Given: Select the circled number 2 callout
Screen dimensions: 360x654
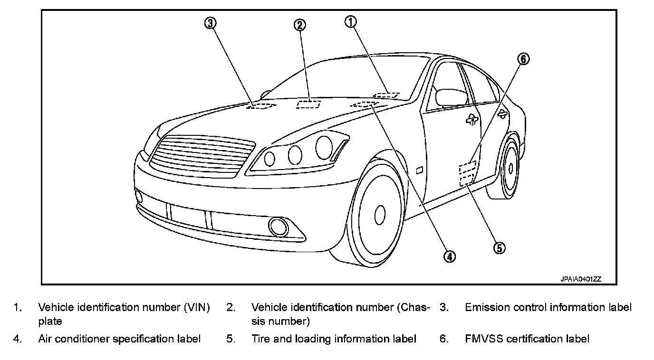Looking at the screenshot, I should (299, 25).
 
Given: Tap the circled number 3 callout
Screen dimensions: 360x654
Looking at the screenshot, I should (211, 23).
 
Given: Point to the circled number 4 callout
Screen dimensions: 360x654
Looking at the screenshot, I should (449, 256).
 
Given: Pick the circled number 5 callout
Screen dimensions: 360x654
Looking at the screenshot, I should (499, 247).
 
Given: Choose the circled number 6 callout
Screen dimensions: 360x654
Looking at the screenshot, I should (523, 59).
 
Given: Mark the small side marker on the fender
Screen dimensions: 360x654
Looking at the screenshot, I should (420, 169).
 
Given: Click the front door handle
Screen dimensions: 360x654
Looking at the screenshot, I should (471, 120).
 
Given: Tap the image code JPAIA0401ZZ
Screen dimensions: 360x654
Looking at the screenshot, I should (581, 279).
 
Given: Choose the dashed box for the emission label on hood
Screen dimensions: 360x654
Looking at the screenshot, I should (260, 106).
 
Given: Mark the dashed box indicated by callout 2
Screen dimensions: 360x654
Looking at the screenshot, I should (308, 104).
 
